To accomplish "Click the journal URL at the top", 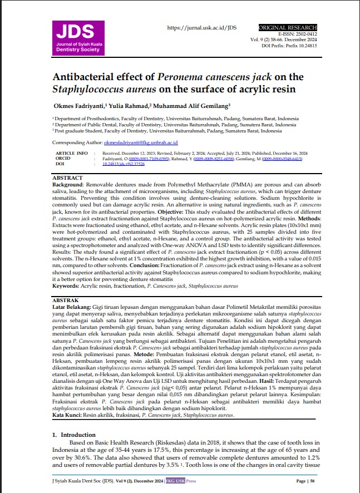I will click(x=202, y=28).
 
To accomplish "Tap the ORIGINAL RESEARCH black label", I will click(x=288, y=27).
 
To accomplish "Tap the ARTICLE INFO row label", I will click(x=72, y=152).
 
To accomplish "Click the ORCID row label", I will click(x=64, y=158).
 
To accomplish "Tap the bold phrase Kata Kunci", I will click(x=67, y=415).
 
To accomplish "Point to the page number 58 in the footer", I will click(x=313, y=480).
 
